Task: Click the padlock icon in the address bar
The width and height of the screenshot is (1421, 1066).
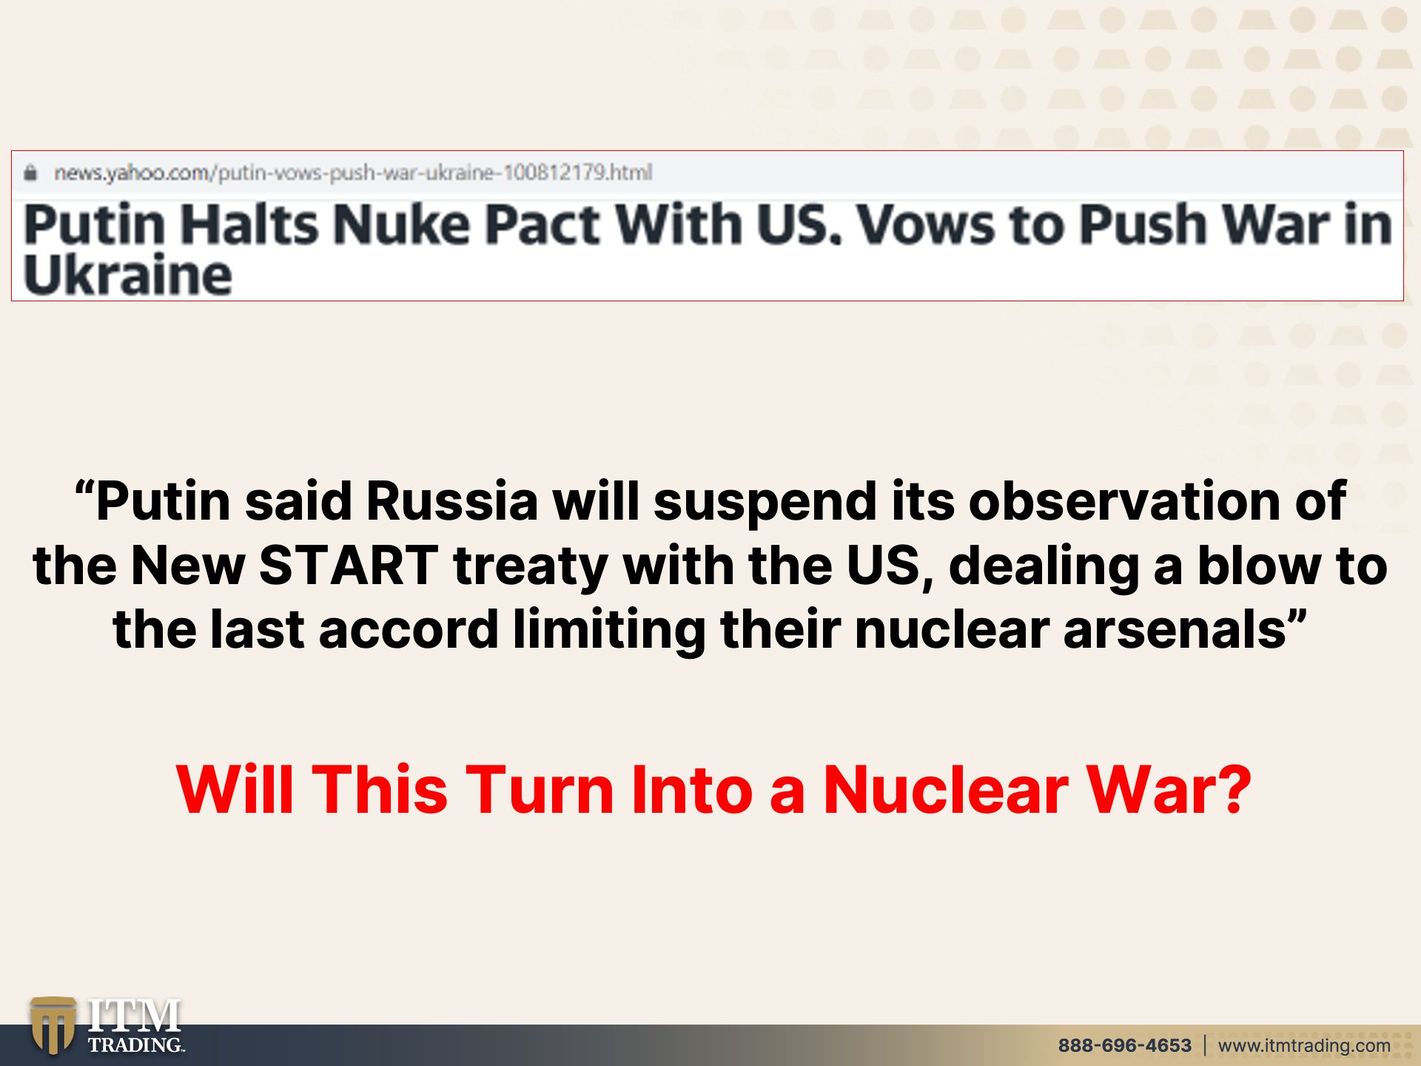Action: [30, 172]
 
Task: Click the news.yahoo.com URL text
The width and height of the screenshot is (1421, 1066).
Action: [353, 172]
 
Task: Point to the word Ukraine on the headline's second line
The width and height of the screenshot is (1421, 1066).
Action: [128, 275]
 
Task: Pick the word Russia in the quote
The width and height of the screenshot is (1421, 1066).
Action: [451, 501]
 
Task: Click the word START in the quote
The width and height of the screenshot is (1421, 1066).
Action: [349, 566]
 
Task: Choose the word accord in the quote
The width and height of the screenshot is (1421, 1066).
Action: [409, 630]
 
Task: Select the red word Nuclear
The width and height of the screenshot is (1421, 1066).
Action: [947, 790]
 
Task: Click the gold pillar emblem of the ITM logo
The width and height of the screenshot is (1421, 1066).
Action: [53, 1025]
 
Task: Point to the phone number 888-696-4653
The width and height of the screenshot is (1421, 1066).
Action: [1124, 1045]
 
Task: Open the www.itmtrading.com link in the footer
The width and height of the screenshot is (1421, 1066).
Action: [1304, 1045]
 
